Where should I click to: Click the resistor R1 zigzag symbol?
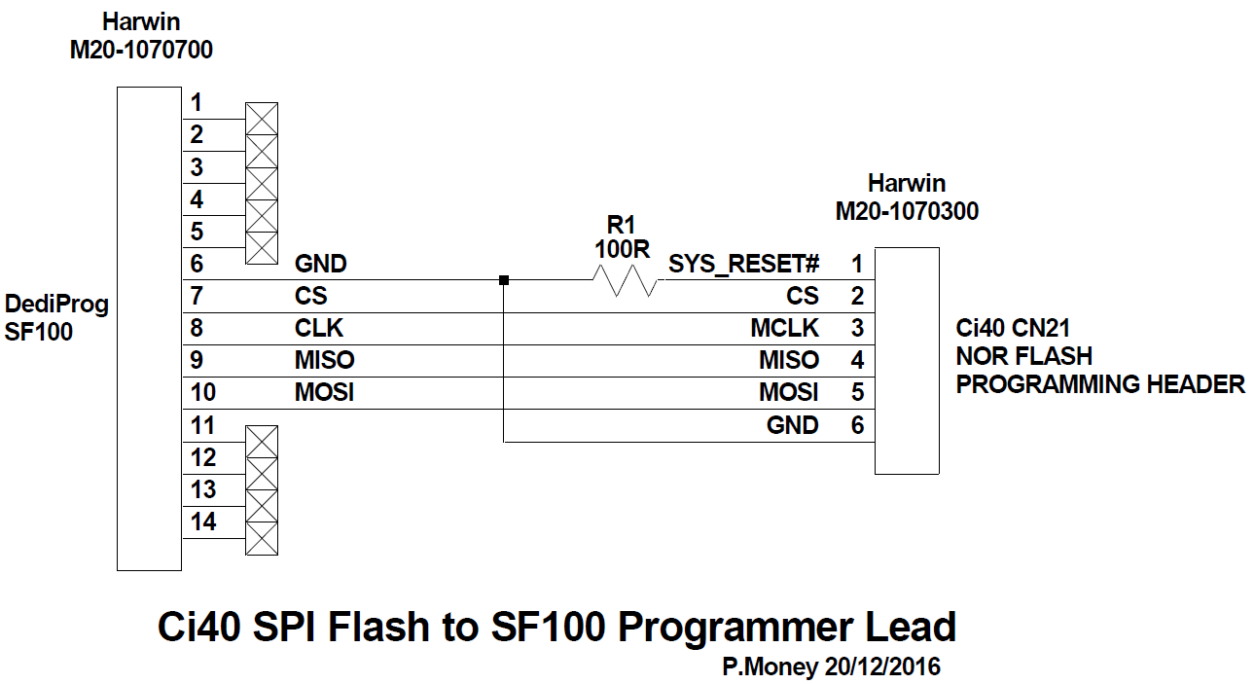(625, 281)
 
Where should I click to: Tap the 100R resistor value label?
(623, 249)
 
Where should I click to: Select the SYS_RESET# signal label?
(744, 264)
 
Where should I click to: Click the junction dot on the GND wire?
(503, 281)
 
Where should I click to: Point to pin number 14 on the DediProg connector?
(203, 522)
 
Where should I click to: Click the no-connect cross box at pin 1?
(261, 119)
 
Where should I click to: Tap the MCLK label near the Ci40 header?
(784, 328)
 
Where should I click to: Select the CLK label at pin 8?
(319, 328)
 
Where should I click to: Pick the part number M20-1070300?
(907, 211)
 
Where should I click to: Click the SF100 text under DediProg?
(39, 332)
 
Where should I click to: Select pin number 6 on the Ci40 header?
(857, 425)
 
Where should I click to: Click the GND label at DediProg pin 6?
(320, 264)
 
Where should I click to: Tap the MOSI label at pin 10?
(324, 393)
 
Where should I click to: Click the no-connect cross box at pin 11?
(261, 442)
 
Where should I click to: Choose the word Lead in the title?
(910, 628)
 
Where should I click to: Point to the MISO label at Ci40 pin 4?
(789, 361)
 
